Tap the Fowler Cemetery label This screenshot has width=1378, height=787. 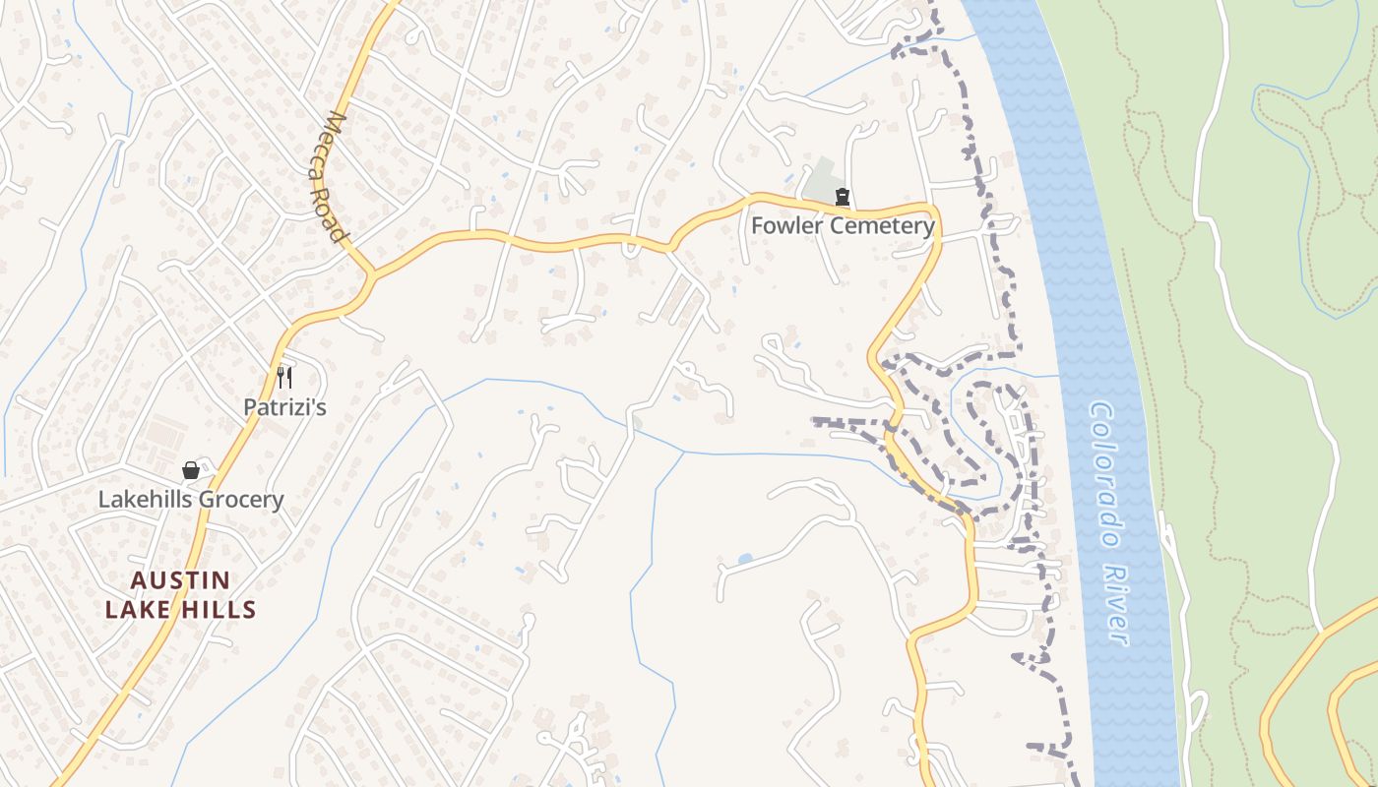(843, 225)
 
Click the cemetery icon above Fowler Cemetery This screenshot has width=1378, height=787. (842, 197)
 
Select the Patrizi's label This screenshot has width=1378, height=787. (284, 406)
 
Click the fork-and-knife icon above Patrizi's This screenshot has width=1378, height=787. (284, 378)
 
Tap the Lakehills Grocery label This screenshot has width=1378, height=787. (191, 499)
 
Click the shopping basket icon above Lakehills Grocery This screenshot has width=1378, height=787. (191, 470)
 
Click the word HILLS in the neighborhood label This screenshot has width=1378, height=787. (218, 610)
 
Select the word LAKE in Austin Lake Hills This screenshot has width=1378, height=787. (137, 610)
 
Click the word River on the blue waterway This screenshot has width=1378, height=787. (1116, 604)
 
